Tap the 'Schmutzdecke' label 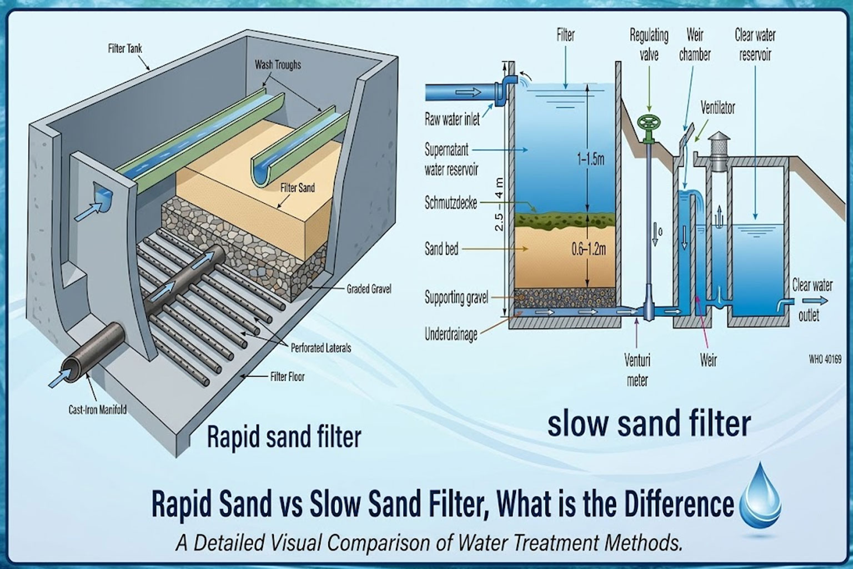point(450,203)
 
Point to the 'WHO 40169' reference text point(825,360)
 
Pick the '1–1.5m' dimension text point(590,160)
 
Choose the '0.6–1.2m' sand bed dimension point(588,249)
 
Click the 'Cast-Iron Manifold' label point(97,410)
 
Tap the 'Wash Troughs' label point(278,65)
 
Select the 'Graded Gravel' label point(369,289)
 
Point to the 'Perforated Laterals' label point(321,348)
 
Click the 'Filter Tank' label point(125,49)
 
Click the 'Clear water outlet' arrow point(821,301)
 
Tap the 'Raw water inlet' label point(451,119)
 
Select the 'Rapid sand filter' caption point(284,437)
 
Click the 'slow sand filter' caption point(649,423)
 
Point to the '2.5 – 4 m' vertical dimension point(499,204)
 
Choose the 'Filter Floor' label point(287,377)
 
